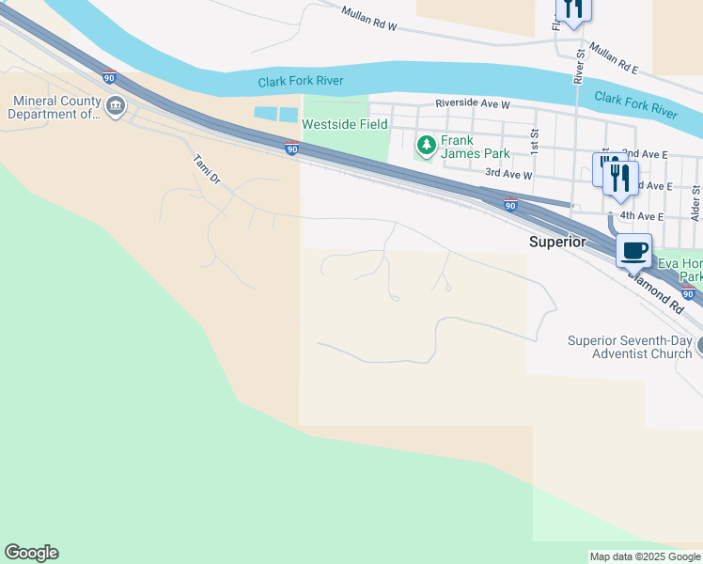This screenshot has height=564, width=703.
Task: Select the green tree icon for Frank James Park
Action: (x=426, y=144)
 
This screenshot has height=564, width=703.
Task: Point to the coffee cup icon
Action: (x=634, y=251)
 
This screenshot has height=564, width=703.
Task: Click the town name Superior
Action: (x=557, y=242)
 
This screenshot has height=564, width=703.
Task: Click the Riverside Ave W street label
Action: (x=472, y=104)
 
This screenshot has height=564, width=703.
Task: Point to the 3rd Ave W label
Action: (x=508, y=174)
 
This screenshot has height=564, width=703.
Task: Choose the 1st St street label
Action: (x=534, y=141)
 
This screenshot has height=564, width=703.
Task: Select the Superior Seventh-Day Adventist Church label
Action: (x=630, y=347)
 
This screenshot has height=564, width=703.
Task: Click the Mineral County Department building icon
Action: (x=116, y=106)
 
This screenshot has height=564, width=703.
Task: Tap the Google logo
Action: (x=31, y=553)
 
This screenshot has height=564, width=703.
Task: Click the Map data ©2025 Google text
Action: (x=645, y=556)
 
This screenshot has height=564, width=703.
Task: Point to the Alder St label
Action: (x=696, y=202)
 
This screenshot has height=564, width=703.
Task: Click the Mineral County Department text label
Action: (x=54, y=108)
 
